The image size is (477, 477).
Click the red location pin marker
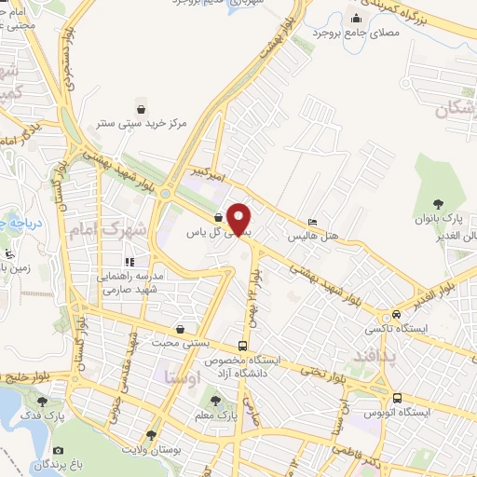point(240,219)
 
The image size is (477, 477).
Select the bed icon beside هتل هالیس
point(312,222)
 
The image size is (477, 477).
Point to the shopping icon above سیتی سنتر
point(141,107)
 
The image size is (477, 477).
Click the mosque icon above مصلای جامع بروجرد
point(356,18)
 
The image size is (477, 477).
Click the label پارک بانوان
point(446,219)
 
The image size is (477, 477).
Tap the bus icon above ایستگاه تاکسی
point(398,315)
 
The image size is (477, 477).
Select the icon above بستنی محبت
point(180,329)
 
